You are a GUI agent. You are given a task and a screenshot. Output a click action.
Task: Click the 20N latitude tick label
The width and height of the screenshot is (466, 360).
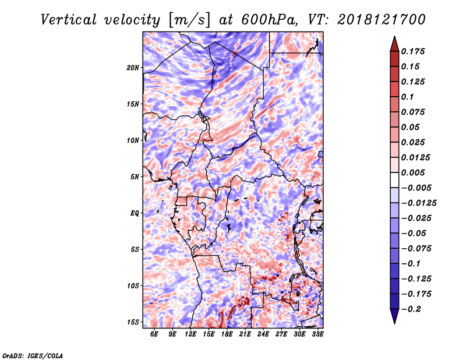point(133,68)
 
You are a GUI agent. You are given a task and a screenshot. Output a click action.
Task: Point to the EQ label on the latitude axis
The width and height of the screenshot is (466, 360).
point(135,213)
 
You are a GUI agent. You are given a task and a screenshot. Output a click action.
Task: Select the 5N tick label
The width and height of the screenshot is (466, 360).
point(135,177)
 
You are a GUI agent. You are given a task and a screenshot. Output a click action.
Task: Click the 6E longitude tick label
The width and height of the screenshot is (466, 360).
point(154,334)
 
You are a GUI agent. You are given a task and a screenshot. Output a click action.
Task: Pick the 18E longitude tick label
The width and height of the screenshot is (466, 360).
point(227,334)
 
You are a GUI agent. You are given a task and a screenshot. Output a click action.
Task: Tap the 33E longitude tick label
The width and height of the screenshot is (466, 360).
point(317,334)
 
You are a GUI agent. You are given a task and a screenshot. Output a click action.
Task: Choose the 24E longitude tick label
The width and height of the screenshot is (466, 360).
point(263,334)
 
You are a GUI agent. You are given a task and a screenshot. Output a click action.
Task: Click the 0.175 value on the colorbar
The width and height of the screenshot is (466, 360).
point(413,51)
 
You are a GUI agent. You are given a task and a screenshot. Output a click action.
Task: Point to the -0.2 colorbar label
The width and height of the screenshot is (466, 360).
point(411,309)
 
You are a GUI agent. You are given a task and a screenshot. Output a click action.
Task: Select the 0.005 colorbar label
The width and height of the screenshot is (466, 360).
point(413,172)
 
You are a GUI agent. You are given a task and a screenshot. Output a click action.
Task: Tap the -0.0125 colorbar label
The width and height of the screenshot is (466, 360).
point(419,203)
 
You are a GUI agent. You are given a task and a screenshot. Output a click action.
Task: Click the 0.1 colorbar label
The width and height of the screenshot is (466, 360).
point(407,97)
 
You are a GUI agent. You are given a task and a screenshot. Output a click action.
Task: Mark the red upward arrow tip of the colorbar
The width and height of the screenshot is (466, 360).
point(394,36)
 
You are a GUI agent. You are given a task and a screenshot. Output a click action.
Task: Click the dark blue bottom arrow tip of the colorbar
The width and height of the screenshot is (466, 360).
point(394,323)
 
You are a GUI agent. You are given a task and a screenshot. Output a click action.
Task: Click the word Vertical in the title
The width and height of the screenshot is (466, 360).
point(68,20)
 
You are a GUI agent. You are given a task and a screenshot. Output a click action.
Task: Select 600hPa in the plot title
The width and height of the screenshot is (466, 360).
point(269,20)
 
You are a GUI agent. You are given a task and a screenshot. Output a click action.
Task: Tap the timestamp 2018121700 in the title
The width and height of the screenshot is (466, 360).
point(382,20)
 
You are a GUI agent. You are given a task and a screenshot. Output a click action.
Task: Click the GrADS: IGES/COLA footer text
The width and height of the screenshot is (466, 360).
point(33,356)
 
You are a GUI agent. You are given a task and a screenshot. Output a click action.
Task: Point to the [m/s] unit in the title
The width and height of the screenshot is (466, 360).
point(189,20)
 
